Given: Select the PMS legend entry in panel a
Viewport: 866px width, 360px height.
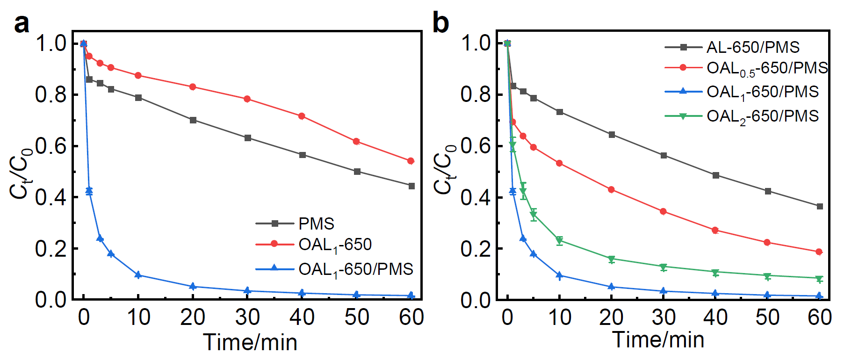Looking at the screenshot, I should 316,223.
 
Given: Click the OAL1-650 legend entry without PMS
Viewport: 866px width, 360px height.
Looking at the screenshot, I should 334,245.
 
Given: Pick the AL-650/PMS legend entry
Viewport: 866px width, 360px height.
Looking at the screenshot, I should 752,47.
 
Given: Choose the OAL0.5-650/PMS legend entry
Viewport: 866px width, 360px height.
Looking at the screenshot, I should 767,69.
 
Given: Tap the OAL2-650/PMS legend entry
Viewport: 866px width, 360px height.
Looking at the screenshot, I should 762,116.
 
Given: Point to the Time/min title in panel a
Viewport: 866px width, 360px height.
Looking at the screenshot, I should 250,342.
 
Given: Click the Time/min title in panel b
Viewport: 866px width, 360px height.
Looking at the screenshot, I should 658,339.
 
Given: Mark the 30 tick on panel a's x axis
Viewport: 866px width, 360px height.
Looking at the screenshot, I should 247,317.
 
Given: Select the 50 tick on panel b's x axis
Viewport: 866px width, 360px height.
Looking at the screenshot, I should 767,317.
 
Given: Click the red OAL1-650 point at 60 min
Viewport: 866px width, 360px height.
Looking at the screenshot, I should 411,161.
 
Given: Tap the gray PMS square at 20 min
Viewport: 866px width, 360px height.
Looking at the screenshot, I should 193,120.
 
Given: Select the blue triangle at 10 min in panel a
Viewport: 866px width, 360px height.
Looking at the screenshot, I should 138,275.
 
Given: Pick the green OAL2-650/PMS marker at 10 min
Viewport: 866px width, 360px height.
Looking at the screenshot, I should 560,241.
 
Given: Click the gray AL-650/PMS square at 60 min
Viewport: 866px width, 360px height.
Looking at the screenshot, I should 820,206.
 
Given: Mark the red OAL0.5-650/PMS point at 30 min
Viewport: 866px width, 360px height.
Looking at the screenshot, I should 663,212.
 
